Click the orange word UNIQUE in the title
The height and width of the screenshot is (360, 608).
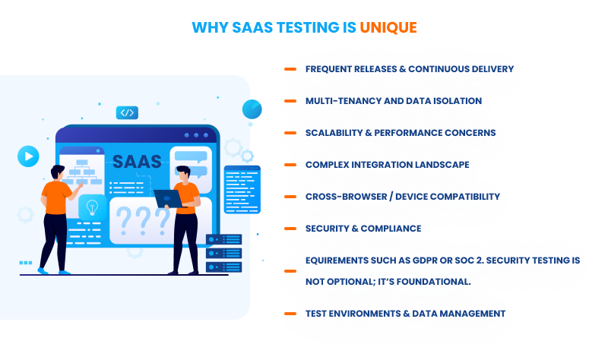388,28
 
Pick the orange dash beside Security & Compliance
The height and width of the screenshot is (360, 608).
290,229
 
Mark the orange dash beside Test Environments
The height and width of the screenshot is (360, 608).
290,314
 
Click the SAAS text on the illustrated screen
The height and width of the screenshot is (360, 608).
137,162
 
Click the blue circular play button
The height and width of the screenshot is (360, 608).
28,156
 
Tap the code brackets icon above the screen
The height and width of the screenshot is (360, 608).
127,113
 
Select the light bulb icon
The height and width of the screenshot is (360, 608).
93,207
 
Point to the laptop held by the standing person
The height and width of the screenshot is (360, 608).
169,198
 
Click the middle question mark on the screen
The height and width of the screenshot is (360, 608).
141,219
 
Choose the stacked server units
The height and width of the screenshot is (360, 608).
223,254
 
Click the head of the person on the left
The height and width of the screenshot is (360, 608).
58,172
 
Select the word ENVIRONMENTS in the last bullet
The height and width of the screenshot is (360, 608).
369,314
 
